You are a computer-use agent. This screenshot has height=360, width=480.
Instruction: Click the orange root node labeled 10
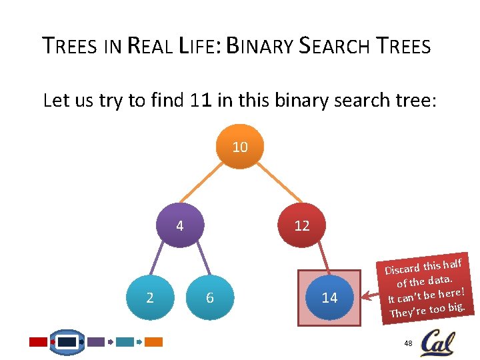coord(240,147)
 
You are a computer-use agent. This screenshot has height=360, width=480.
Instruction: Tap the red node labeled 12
coord(301,225)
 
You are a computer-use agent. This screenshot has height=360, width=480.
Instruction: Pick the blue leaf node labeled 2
coord(149,297)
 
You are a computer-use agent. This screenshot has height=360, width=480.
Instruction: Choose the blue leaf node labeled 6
coord(209,297)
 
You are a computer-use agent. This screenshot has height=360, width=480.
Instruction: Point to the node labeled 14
coord(329,297)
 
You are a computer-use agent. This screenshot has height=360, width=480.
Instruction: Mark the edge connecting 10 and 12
coord(271,186)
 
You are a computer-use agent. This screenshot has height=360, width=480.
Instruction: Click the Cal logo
coord(438,343)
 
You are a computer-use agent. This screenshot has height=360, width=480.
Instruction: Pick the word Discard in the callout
coord(402,269)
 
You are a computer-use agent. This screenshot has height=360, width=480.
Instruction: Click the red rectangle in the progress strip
coord(39,342)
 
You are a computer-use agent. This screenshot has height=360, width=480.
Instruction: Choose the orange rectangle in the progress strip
coord(154,342)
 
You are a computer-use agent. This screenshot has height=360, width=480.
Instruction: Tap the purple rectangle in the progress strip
coord(96,342)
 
